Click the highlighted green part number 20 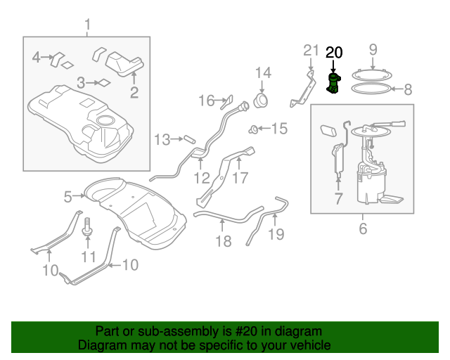coord(333,83)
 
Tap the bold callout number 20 coord(334,53)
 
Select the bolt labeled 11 coord(87,227)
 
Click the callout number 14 coord(263,73)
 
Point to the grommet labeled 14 coord(261,101)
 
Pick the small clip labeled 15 coord(252,130)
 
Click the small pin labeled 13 coord(190,139)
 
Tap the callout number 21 coord(311,50)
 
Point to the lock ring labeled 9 coord(372,75)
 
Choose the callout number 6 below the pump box coord(363,229)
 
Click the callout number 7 coord(338,199)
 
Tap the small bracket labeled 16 coord(226,102)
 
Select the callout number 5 coord(67,197)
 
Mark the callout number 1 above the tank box coord(87,25)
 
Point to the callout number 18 coord(224,241)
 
